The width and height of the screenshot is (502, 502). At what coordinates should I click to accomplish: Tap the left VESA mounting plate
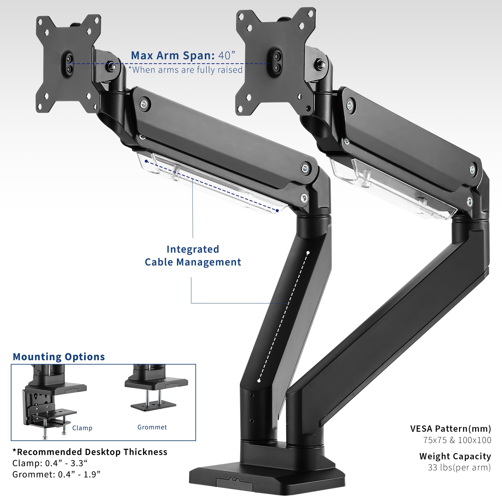pos(68,64)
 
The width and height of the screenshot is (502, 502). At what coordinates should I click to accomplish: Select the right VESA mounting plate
pos(275,61)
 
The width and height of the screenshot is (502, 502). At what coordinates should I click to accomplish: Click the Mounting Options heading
pos(59,357)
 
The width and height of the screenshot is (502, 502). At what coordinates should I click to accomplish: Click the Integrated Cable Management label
pos(193,256)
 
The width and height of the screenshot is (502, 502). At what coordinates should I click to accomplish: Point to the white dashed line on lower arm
pos(283,317)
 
